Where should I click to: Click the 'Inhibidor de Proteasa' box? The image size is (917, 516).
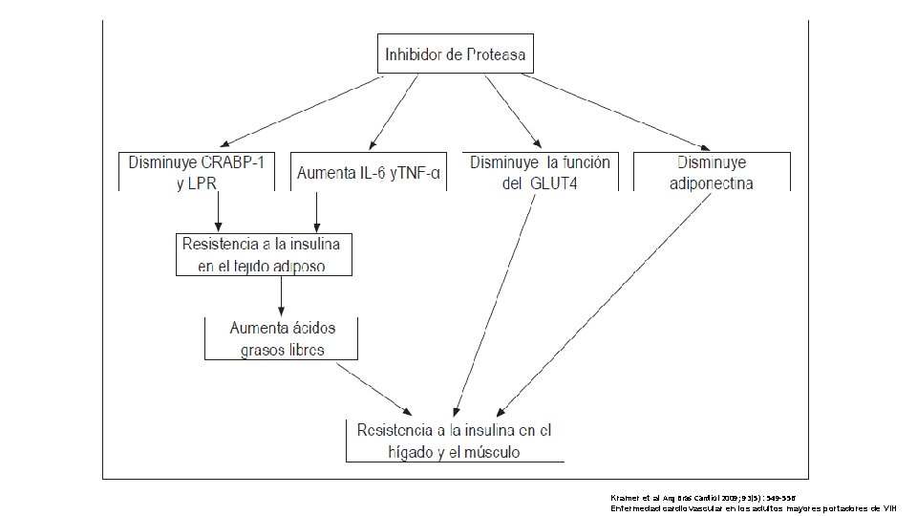[x=455, y=54]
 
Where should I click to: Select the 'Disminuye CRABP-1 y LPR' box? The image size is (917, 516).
[x=196, y=172]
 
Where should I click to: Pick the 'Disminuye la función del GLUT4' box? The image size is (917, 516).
[x=539, y=172]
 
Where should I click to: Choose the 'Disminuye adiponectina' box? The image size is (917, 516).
[x=712, y=172]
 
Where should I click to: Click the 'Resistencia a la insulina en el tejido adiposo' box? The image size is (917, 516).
[x=263, y=254]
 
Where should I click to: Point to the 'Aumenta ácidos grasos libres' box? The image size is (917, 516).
[x=282, y=338]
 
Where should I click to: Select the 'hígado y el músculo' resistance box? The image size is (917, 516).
[x=455, y=441]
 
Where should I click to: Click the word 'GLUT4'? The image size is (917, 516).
[x=557, y=183]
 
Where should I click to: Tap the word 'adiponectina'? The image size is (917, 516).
[x=712, y=183]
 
